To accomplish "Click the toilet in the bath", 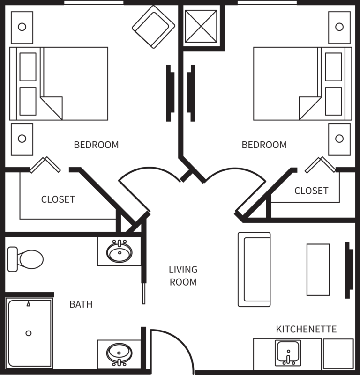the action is (25, 259).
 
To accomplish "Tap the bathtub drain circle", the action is (29, 333).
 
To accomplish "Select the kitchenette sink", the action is (288, 353).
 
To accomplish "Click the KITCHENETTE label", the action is (307, 329).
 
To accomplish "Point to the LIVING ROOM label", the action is (183, 276).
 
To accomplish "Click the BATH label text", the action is (81, 304).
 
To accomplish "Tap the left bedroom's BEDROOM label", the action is (96, 145).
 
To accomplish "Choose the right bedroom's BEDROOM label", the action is (264, 145).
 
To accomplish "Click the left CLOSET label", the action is (58, 199).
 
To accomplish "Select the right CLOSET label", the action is (311, 191).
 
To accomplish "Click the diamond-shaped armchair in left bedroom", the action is (154, 27).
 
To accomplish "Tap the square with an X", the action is (201, 26).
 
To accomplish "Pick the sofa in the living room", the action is (254, 269).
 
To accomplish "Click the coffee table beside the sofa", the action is (318, 270).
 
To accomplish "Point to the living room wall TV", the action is (349, 270).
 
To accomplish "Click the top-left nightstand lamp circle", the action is (22, 27).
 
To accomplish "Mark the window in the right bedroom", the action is (267, 3).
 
